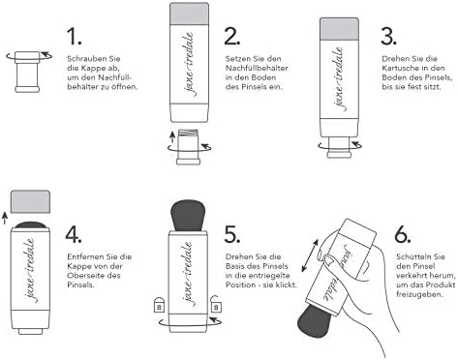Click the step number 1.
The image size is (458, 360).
[x=74, y=36]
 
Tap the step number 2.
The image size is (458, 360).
[x=232, y=36]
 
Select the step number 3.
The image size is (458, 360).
[x=388, y=36]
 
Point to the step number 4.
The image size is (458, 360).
[x=74, y=234]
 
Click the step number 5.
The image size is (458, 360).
[x=232, y=234]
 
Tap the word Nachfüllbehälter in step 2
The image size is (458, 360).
[x=257, y=68]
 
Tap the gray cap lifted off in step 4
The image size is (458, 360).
[x=30, y=201]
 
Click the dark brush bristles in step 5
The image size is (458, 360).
[x=188, y=216]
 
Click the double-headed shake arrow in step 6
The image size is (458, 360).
[x=310, y=255]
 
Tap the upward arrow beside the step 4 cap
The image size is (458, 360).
[x=5, y=218]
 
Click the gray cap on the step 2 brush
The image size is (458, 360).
[x=189, y=14]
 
